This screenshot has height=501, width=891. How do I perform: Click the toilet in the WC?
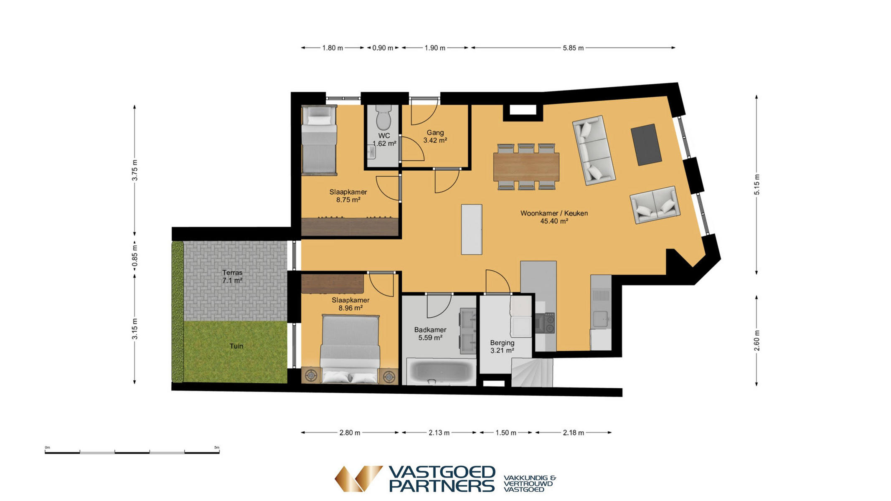(x=383, y=117)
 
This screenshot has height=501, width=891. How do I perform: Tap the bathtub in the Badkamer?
(x=441, y=371)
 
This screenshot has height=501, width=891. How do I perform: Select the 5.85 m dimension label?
(x=573, y=48)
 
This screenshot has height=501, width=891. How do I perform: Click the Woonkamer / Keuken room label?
(x=554, y=217)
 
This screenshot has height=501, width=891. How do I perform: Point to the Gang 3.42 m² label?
(x=435, y=137)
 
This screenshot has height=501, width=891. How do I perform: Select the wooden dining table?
(x=526, y=167)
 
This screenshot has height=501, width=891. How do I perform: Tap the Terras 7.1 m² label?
(x=232, y=277)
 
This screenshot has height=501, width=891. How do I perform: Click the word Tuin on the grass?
(x=236, y=346)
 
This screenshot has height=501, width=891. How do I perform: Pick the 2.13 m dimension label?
(x=439, y=433)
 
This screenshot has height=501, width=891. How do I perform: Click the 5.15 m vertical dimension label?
(x=757, y=185)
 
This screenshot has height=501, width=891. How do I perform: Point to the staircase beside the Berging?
(x=532, y=372)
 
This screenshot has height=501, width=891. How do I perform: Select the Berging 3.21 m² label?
(x=502, y=347)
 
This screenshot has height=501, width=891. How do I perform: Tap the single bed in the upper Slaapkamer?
(x=319, y=139)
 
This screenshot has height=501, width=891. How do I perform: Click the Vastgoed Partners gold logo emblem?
(x=358, y=478)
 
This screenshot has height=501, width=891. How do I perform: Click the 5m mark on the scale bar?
(x=217, y=448)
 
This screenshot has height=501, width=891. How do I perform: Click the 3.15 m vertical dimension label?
(x=135, y=329)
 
